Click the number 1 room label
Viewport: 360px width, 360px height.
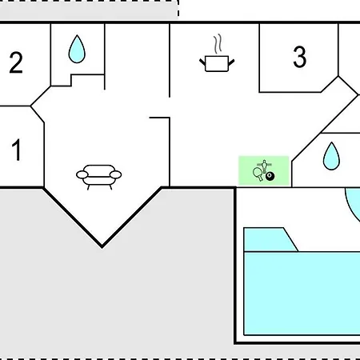17,150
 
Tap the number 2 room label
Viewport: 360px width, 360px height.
16,62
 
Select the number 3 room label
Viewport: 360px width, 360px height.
299,57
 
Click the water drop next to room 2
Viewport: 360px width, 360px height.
77,49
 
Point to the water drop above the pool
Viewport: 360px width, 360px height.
331,156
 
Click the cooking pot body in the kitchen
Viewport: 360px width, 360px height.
217,64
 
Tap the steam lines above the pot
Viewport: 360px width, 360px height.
218,43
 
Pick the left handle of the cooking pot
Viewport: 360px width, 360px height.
202,62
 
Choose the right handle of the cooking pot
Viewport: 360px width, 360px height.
231,62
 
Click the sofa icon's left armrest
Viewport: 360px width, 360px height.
82,175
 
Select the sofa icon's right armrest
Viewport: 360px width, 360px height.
115,174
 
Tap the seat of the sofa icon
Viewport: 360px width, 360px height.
98,181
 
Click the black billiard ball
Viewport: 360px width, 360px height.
270,176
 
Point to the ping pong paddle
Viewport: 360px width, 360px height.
258,174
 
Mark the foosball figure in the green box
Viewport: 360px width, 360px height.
264,166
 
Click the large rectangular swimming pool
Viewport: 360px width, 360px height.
302,294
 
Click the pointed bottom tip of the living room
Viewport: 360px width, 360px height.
102,246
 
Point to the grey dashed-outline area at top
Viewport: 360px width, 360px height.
89,10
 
